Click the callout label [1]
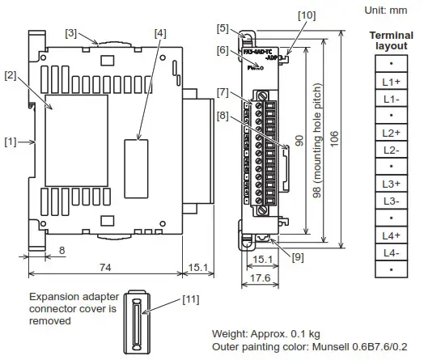[x=10, y=142]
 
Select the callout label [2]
[x=11, y=75]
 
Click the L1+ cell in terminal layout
[x=391, y=82]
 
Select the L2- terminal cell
[x=391, y=150]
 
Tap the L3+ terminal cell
[x=391, y=184]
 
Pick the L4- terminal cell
[x=391, y=252]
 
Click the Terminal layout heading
[x=391, y=41]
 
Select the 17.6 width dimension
[x=261, y=276]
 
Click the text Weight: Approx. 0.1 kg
[x=265, y=333]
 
